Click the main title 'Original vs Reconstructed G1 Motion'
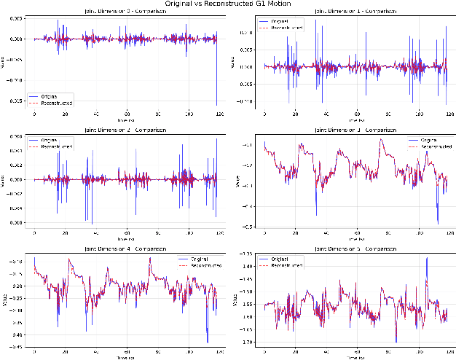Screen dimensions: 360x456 pyautogui.click(x=228, y=4)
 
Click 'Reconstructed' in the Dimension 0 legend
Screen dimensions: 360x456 pyautogui.click(x=55, y=102)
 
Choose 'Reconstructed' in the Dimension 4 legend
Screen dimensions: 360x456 pyautogui.click(x=194, y=265)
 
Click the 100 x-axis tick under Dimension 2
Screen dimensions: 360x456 pyautogui.click(x=189, y=234)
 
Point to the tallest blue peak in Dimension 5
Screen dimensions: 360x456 pyautogui.click(x=426, y=258)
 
